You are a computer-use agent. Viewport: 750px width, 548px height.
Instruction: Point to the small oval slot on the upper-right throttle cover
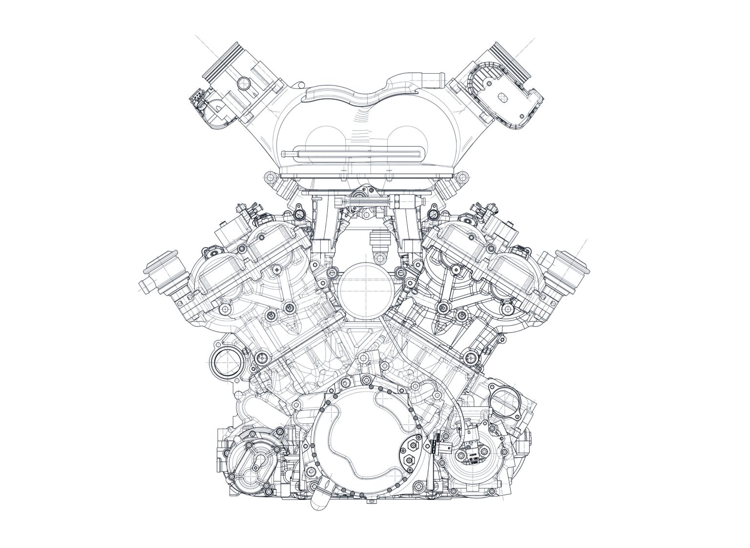click(x=501, y=98)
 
